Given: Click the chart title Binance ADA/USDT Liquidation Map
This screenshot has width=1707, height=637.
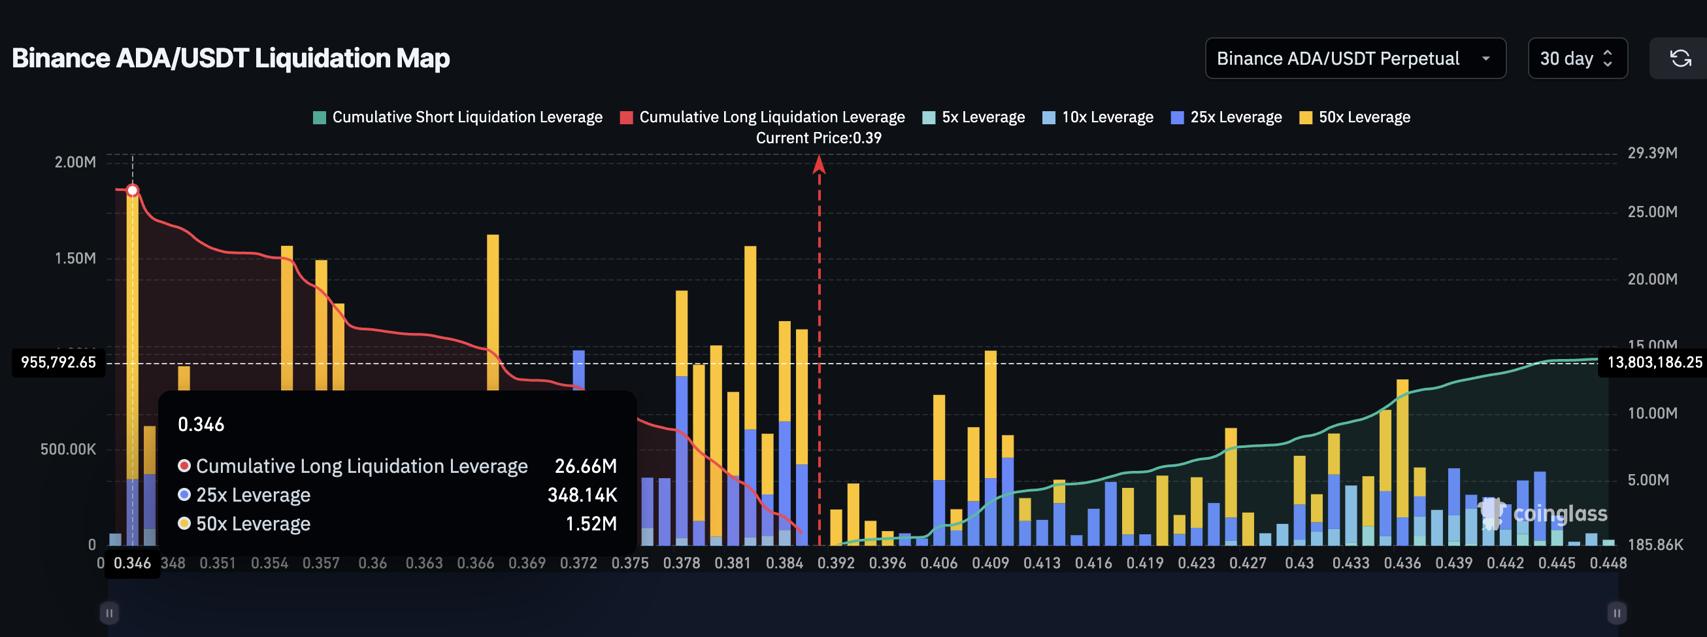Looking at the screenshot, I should (x=231, y=58).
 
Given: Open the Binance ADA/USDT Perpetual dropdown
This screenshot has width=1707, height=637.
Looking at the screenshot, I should (x=1355, y=58).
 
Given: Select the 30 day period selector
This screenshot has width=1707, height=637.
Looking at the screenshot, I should (x=1576, y=58).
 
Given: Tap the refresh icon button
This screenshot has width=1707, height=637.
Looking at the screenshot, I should (x=1680, y=58).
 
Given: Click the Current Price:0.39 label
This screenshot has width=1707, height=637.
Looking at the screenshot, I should (x=818, y=138).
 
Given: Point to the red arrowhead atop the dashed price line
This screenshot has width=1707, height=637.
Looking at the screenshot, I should (x=819, y=164).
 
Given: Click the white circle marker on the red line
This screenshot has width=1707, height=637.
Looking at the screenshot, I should (x=133, y=191).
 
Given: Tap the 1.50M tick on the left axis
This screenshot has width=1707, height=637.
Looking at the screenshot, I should (x=75, y=258).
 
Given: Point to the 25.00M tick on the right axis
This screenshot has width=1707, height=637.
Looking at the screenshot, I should (x=1652, y=212).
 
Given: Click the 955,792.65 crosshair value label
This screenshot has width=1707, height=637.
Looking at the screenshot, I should (x=58, y=362).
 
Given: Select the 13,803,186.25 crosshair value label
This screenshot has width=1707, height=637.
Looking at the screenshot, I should (x=1654, y=362).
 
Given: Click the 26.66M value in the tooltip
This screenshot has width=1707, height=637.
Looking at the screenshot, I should (x=585, y=466).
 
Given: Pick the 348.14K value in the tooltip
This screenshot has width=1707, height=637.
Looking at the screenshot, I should (x=582, y=495).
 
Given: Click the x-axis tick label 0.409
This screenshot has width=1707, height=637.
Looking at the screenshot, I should (x=990, y=563).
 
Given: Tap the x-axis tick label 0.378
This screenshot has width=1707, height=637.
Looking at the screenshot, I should (x=681, y=563).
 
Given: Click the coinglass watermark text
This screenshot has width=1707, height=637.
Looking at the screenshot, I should (x=1560, y=513).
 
